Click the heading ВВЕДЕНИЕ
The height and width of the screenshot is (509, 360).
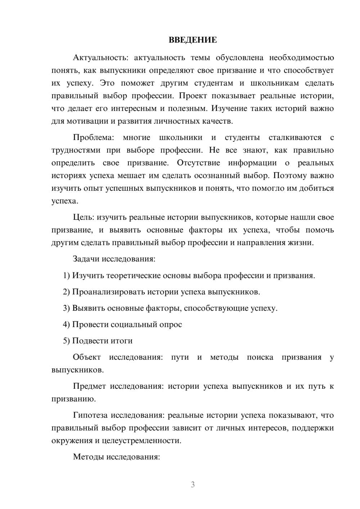[x=193, y=40]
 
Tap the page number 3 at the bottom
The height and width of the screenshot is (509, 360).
[x=193, y=485]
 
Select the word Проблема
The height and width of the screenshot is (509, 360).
[x=94, y=138]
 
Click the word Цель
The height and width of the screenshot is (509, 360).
[x=84, y=217]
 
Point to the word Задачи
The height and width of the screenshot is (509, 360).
[x=86, y=259]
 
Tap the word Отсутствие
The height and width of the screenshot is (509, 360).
[x=198, y=163]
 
